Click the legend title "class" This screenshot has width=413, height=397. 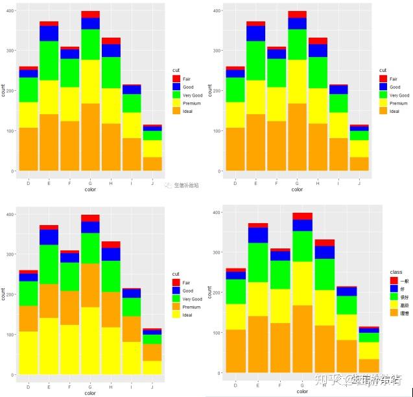pos(396,271)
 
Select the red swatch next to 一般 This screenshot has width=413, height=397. pos(394,280)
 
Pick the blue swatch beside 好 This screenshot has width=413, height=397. pos(394,288)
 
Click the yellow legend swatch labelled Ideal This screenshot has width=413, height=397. pos(176,315)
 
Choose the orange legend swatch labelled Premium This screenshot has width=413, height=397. pos(176,307)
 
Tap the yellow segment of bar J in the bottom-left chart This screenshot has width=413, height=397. pos(152,367)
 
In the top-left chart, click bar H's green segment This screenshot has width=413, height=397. pos(111,73)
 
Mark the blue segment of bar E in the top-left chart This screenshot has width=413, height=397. pos(49,33)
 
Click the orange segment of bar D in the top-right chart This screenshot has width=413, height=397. pos(235,149)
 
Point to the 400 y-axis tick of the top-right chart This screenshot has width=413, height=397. pos(218,10)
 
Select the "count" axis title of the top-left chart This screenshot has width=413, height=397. pos(4,91)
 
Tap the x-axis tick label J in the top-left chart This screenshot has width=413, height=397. pos(152,184)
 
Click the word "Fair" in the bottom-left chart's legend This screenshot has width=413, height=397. pos(187,282)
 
